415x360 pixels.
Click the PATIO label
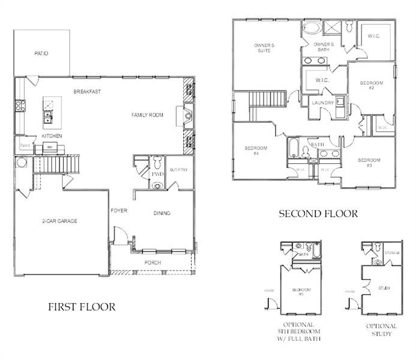click(41, 53)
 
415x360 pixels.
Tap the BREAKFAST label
click(87, 91)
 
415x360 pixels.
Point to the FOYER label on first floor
click(118, 211)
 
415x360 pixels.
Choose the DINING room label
click(162, 213)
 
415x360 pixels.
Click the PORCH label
click(153, 263)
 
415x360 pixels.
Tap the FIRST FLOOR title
click(82, 307)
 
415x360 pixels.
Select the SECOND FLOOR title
click(318, 214)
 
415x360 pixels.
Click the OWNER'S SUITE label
click(264, 48)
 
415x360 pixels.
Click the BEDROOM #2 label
click(371, 85)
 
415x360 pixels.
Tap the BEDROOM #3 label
click(369, 163)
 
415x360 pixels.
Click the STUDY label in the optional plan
click(385, 289)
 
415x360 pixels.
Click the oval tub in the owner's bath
click(311, 28)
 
